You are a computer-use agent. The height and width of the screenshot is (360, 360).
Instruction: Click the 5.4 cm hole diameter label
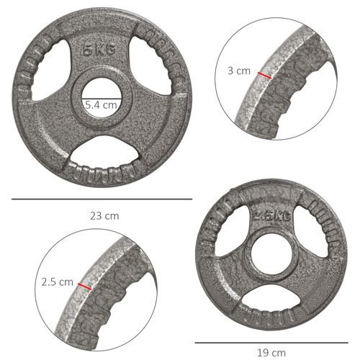tap(101, 105)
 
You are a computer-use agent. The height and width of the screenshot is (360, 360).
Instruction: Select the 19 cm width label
tap(271, 353)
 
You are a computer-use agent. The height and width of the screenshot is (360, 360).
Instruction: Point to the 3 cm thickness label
tap(238, 71)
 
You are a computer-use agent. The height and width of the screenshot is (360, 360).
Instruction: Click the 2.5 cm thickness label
tap(58, 282)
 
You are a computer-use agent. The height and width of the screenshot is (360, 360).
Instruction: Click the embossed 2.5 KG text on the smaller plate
tap(271, 215)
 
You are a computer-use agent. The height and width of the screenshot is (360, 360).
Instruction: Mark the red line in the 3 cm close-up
tap(265, 75)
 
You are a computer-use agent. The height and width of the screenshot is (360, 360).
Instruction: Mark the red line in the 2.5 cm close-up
tap(86, 287)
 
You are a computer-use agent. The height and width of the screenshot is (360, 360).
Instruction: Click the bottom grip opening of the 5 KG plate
tap(102, 156)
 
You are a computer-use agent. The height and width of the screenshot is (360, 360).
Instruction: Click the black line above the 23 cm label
tap(102, 199)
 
